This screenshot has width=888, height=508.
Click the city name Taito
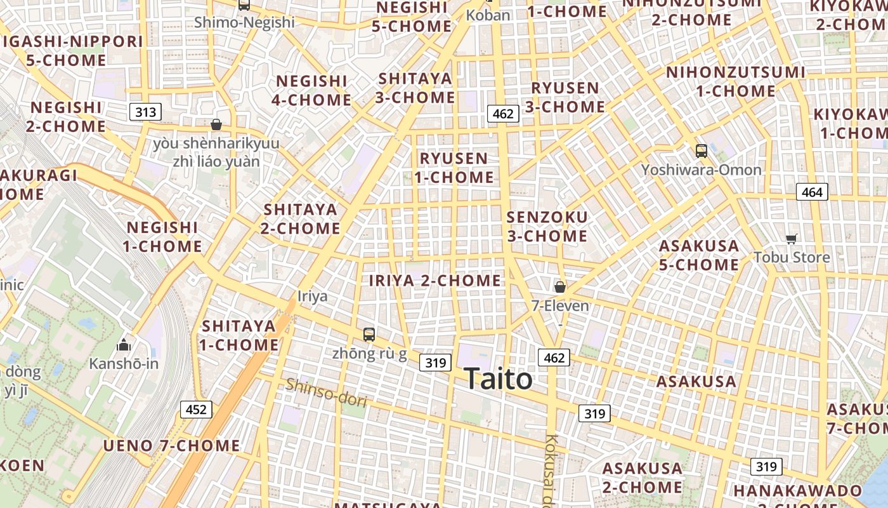[499, 379]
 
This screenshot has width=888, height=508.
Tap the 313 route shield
[145, 112]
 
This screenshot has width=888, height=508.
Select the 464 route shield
[812, 192]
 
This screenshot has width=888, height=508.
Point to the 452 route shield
[196, 410]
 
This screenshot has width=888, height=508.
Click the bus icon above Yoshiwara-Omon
[701, 151]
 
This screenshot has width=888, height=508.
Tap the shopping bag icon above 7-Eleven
[559, 287]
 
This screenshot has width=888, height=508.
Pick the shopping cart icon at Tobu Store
[791, 239]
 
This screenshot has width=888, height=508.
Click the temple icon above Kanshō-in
[124, 345]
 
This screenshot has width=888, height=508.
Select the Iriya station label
[313, 296]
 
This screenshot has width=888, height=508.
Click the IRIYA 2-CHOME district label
[435, 280]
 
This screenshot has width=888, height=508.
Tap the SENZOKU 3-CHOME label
[547, 227]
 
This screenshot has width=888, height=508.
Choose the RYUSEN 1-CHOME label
[454, 168]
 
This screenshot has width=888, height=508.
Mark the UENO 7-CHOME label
[172, 446]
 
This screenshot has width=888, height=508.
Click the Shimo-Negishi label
[244, 22]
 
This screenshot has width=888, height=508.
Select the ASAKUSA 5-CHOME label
[698, 255]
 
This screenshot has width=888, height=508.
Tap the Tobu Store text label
[792, 257]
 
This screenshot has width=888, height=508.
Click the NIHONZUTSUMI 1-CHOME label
[735, 82]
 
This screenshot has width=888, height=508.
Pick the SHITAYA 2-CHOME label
[301, 218]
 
